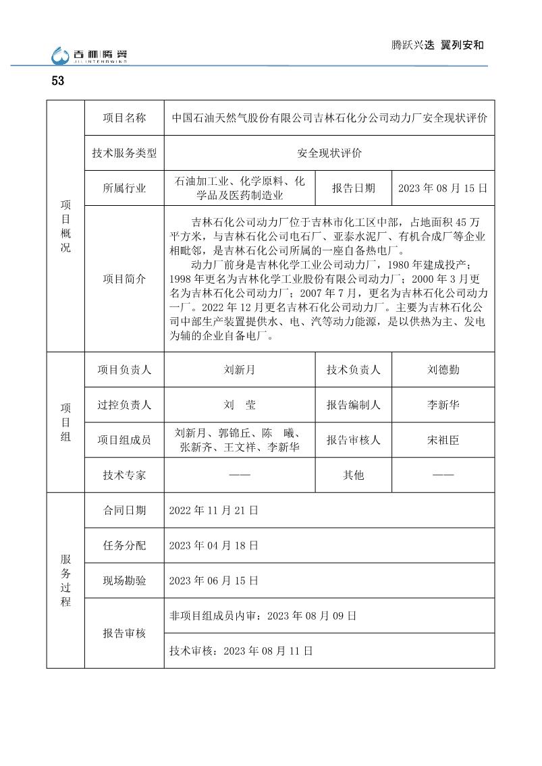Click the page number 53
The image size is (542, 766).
coord(57,82)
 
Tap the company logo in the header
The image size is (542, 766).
coord(90,57)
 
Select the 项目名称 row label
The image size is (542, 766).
coord(124,118)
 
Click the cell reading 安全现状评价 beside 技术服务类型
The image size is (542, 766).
coord(329,153)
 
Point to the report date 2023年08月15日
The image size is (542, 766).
coord(443,188)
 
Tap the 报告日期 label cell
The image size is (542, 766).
coord(353,188)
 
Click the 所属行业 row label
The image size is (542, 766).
coord(124,188)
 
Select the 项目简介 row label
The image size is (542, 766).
coord(124,279)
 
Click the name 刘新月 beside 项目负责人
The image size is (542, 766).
coord(240,370)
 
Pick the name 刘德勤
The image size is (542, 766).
coord(443,370)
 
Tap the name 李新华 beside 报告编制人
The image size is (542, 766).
coord(443,405)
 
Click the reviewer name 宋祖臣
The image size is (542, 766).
coord(443,440)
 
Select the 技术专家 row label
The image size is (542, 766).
coord(124,475)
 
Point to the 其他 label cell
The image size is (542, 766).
coord(353,475)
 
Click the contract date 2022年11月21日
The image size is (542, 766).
coord(213,511)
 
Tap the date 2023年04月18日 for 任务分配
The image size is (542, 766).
coord(213,545)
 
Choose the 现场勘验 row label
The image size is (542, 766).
coord(124,580)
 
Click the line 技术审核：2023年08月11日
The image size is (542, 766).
coord(241,651)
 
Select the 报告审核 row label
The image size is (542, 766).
coord(124,633)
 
